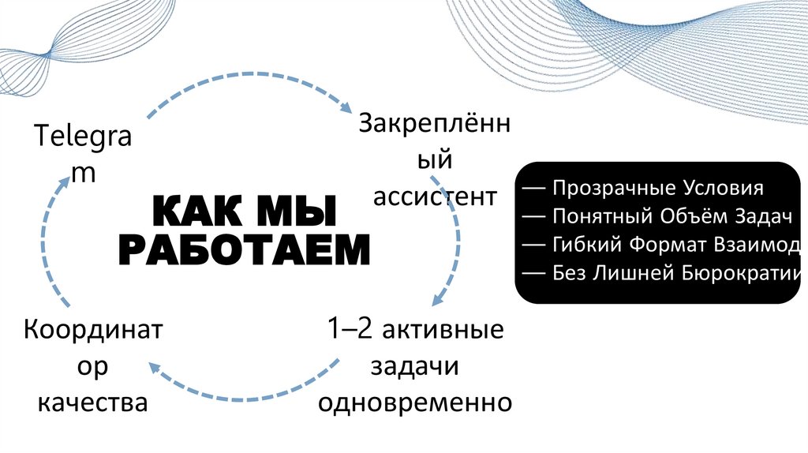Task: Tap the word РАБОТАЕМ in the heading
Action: (244, 249)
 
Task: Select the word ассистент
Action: (435, 196)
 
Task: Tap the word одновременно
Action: (414, 402)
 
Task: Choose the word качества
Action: (93, 402)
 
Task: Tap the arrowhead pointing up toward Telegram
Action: (67, 182)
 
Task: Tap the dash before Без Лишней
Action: (533, 274)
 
